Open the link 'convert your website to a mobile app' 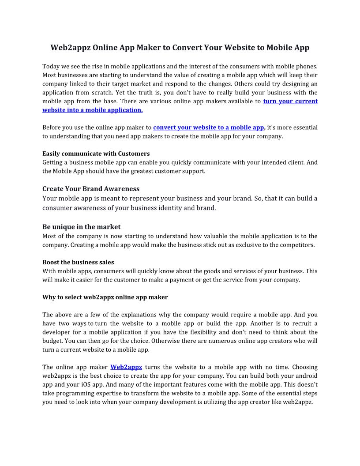(208, 128)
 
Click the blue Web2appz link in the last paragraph (126, 367)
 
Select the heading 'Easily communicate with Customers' (96, 154)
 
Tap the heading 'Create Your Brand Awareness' (91, 189)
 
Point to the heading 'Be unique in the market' (81, 227)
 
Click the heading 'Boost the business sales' (78, 262)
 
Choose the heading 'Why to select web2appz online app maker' (105, 297)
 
